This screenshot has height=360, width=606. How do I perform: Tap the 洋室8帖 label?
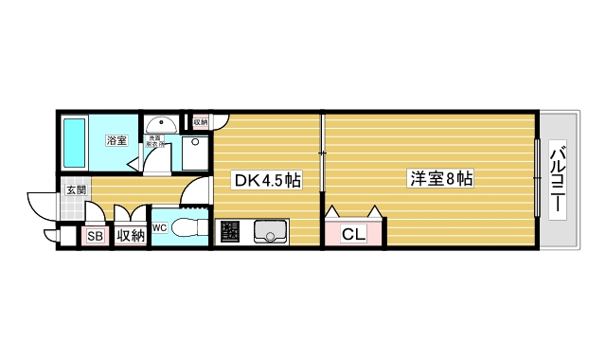(441, 177)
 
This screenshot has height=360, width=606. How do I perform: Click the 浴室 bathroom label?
(116, 141)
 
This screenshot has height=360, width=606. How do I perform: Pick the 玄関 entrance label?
(76, 190)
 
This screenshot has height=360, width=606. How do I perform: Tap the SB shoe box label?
(95, 237)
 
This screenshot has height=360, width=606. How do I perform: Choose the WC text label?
(159, 227)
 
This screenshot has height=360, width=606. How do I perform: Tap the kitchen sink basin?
(270, 230)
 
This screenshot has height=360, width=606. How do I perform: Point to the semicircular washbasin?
(163, 123)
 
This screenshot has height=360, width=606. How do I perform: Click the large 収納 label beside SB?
(130, 237)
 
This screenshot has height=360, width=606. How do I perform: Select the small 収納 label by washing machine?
(200, 121)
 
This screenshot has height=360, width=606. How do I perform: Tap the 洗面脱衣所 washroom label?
(155, 142)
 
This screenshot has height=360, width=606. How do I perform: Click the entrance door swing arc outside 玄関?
(40, 202)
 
